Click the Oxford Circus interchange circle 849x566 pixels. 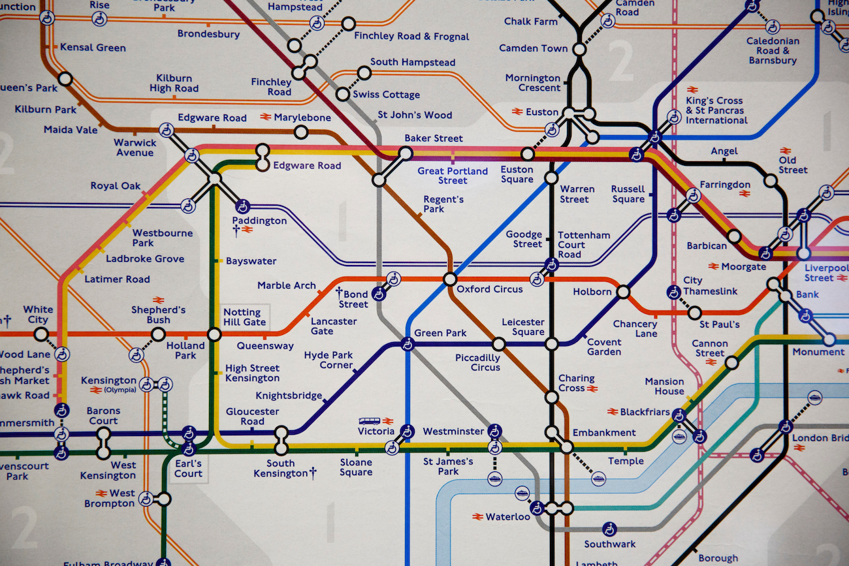click(x=449, y=279)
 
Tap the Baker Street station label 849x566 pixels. click(x=433, y=138)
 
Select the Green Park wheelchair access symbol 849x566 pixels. click(x=408, y=344)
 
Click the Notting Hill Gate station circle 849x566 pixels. click(x=214, y=334)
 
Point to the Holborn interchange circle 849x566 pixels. click(x=623, y=291)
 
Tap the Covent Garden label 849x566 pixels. click(x=603, y=347)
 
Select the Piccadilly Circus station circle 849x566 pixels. click(x=498, y=344)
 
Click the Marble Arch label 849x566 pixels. click(x=286, y=285)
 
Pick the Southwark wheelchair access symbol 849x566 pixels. click(x=609, y=529)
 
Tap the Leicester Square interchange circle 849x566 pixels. click(x=551, y=344)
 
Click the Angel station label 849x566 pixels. click(x=724, y=151)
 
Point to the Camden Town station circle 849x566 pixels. click(x=579, y=49)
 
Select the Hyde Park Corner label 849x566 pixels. click(x=328, y=360)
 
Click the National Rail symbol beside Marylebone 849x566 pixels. click(x=266, y=118)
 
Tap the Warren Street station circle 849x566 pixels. click(x=551, y=178)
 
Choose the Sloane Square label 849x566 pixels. click(x=356, y=467)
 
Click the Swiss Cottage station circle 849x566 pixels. click(x=342, y=94)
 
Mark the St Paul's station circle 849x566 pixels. click(x=694, y=313)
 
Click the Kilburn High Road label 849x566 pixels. click(x=174, y=83)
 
